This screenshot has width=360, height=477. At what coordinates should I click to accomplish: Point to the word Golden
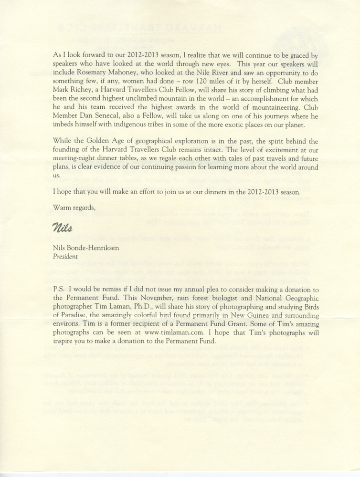[106, 144]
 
